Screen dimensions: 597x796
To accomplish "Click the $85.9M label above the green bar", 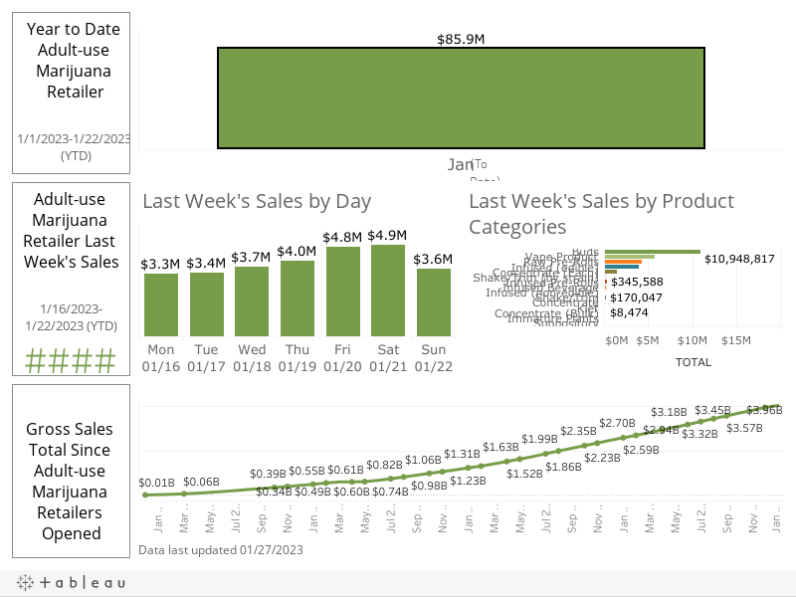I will pos(461,39).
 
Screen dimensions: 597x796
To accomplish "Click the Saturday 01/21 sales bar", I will pos(388,290).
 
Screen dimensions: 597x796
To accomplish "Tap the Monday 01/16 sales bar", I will pos(161,304).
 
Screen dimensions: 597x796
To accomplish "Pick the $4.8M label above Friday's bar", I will pos(342,238).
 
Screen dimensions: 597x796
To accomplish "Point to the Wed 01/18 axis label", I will pos(252,358).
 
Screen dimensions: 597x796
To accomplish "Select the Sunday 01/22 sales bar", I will pos(434,301).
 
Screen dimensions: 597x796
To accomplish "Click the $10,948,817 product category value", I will pos(739,259).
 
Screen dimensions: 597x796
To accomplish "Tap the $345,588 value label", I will pos(638,282).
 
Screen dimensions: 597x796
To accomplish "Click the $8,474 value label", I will pos(630,311).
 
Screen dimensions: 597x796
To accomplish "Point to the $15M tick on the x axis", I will pos(735,340).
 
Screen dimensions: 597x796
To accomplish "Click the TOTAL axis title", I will pos(693,362).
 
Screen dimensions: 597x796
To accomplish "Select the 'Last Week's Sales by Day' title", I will pos(257,201).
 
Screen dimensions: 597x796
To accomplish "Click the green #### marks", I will pos(71,360).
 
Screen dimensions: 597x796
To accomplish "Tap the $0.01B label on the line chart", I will pos(156,483).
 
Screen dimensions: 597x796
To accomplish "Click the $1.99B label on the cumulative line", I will pos(540,439).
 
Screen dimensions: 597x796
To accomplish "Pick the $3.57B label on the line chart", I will pos(745,428).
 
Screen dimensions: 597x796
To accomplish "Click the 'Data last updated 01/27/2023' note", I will pos(221,549).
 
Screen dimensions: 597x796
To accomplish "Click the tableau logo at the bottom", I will pos(71,583).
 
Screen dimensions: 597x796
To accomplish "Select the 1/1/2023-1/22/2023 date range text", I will pos(74,138).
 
